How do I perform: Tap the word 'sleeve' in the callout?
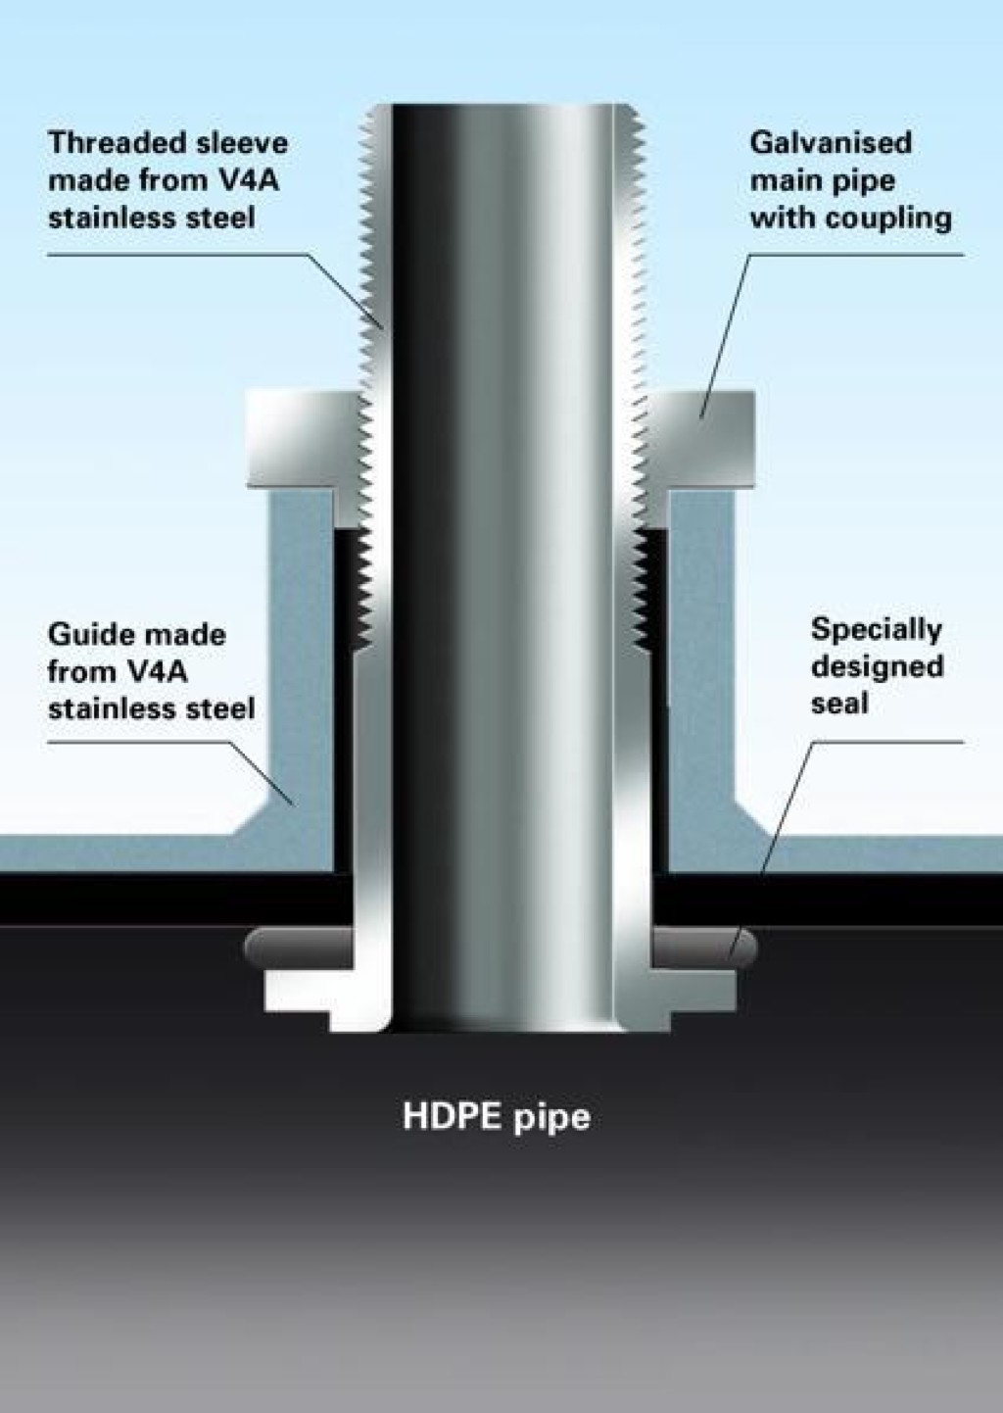242,143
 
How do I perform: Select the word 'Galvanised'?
831,143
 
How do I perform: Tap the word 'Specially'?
876,629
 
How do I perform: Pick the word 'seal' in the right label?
839,704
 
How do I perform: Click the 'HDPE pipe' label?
497,1117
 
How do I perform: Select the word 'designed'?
877,666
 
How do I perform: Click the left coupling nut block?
299,438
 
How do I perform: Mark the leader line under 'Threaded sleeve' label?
176,256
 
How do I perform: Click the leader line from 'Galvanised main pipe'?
725,333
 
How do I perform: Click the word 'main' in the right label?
784,180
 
